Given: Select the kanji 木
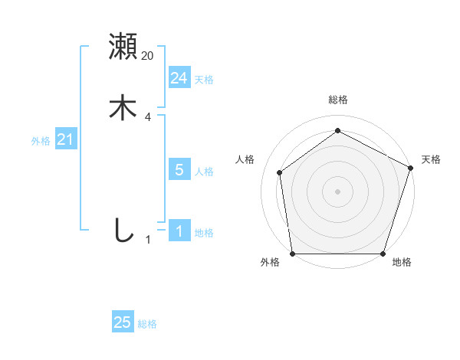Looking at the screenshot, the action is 123,108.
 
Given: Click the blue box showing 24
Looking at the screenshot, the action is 179,78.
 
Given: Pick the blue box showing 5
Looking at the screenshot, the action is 179,170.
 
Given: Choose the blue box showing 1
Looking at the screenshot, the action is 179,231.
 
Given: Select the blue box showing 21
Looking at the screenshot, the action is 65,139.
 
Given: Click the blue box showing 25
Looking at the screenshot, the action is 123,322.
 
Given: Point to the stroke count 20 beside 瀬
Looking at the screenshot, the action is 148,56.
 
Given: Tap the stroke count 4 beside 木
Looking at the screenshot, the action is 148,117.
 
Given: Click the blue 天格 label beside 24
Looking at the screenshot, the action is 204,80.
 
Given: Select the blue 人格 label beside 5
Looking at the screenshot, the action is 204,172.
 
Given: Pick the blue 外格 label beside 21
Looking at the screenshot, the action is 41,141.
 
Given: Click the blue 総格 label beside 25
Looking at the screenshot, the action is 147,324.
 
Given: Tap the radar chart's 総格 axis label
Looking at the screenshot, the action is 337,100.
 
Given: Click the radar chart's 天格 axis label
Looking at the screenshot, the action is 431,159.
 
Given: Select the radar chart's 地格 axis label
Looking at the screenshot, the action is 402,263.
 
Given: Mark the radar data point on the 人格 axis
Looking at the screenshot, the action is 280,172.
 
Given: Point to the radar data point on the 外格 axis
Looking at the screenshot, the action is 293,254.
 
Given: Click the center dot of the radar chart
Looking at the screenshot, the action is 337,191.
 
